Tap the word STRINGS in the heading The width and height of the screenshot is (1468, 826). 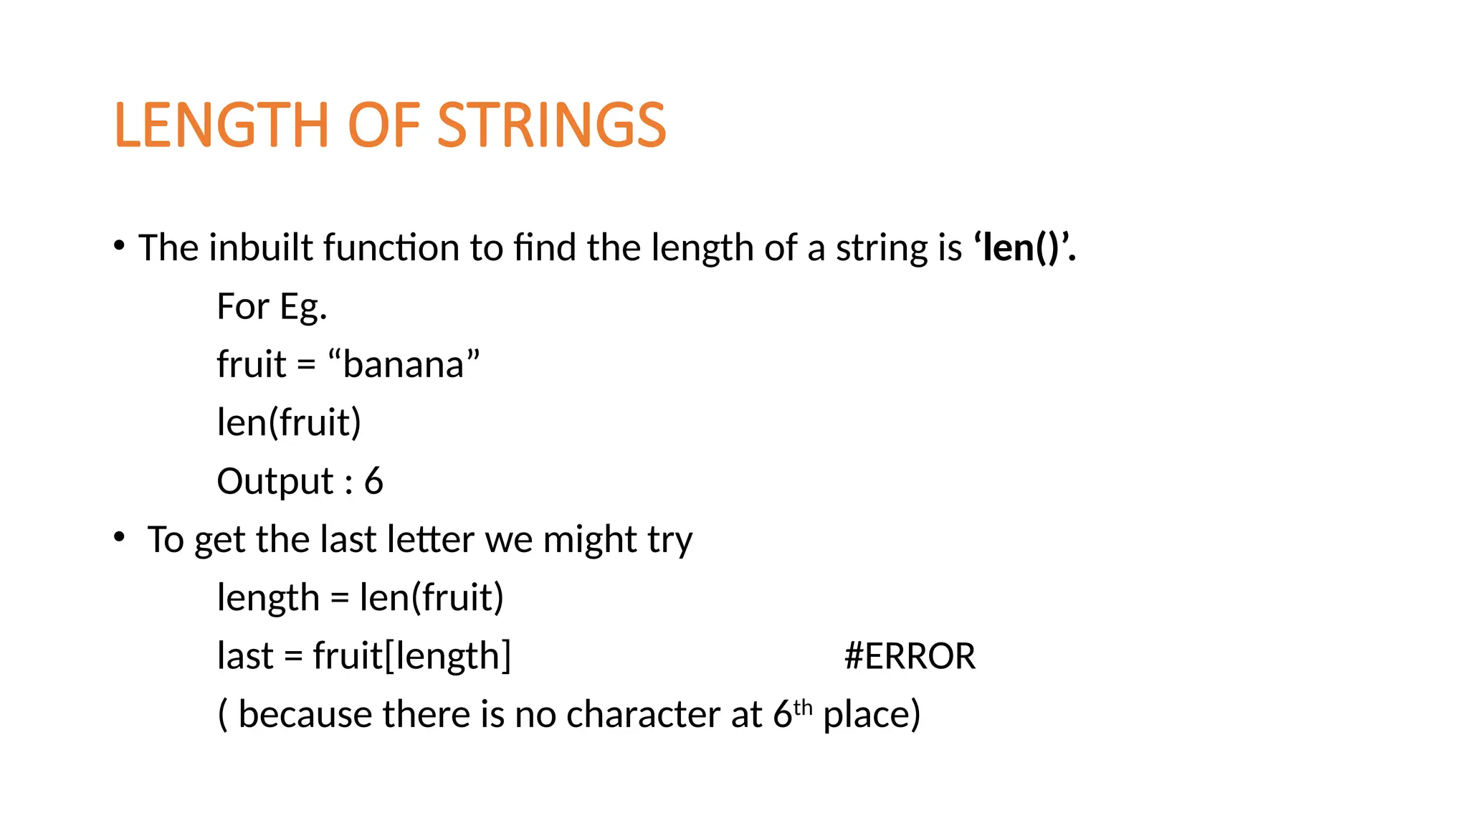click(x=551, y=125)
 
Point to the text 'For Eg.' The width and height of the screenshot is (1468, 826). click(x=272, y=307)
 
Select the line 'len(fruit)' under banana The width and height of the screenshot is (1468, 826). click(x=289, y=423)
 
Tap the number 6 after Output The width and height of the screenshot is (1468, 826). click(x=373, y=481)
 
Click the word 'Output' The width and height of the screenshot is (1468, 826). click(x=275, y=481)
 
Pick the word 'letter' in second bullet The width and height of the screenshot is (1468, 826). click(x=430, y=539)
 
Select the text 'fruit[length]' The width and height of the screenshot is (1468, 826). click(x=412, y=656)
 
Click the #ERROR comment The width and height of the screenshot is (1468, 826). click(x=910, y=656)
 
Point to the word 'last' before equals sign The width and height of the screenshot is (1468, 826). click(x=245, y=656)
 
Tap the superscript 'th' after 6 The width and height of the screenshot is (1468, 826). click(x=803, y=708)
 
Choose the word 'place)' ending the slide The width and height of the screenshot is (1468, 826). click(x=872, y=715)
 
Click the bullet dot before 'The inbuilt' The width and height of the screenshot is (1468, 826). click(x=119, y=247)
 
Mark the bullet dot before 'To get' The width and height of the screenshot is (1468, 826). click(x=119, y=537)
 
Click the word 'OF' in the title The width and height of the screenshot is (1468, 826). click(x=383, y=125)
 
